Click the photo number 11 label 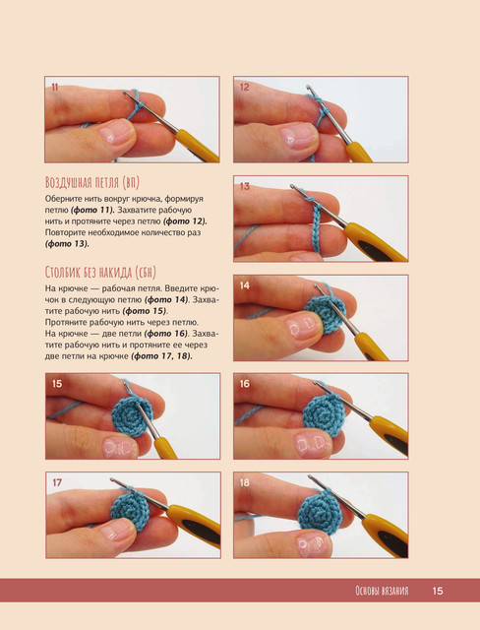pyautogui.click(x=55, y=87)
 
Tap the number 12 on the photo pyautogui.click(x=244, y=87)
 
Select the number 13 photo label pyautogui.click(x=244, y=186)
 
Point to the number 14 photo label pyautogui.click(x=244, y=285)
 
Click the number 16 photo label pyautogui.click(x=244, y=384)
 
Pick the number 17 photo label pyautogui.click(x=57, y=482)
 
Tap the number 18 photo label pyautogui.click(x=244, y=482)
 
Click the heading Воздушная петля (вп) pyautogui.click(x=92, y=183)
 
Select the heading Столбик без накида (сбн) pyautogui.click(x=100, y=273)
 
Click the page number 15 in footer pyautogui.click(x=438, y=591)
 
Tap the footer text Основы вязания pyautogui.click(x=382, y=591)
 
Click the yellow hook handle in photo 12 pyautogui.click(x=358, y=152)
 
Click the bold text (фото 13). pyautogui.click(x=67, y=243)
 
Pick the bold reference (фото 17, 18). pyautogui.click(x=161, y=356)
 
